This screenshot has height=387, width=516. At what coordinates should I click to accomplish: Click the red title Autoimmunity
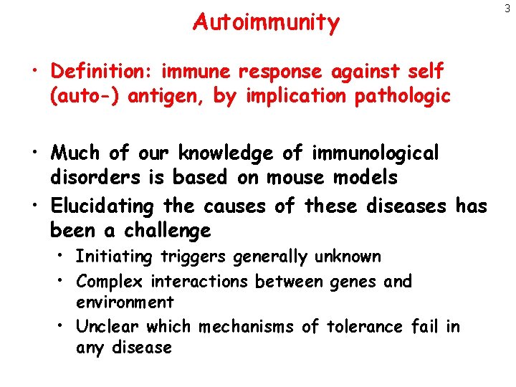click(x=266, y=23)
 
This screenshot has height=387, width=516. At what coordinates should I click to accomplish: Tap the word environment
click(x=125, y=302)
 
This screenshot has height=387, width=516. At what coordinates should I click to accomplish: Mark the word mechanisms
click(x=247, y=328)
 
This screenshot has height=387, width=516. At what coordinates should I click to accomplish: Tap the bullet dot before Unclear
click(x=63, y=328)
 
